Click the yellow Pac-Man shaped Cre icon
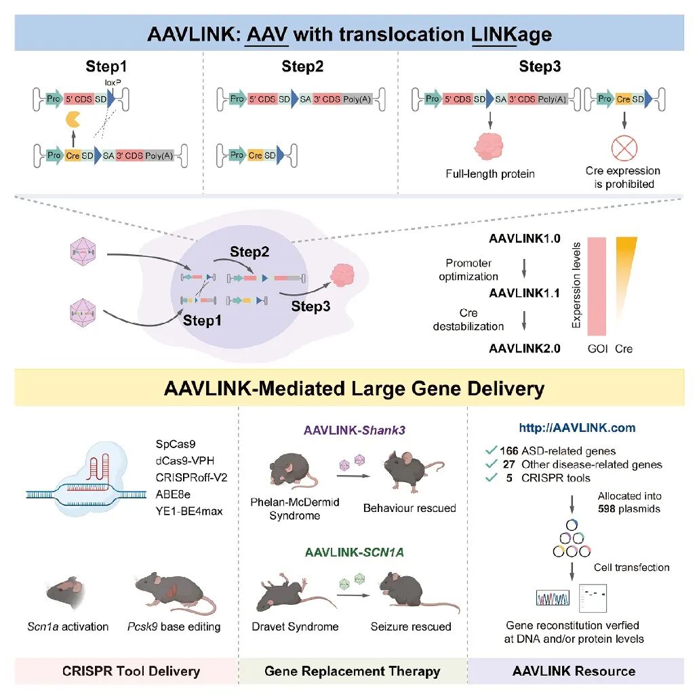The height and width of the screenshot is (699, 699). point(73,120)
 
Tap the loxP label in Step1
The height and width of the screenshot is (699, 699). point(113,83)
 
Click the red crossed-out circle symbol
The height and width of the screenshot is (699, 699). point(624,148)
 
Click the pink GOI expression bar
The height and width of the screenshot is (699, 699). point(597,286)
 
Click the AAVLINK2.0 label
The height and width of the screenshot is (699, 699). point(525,348)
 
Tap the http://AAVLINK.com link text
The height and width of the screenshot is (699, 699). point(577,428)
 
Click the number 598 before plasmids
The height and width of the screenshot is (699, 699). point(607,508)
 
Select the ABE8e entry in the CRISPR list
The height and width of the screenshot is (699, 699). point(173,494)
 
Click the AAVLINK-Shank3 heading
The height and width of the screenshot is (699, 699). point(355,431)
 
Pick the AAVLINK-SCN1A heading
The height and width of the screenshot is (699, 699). point(355,553)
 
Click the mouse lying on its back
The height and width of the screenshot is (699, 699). point(294,593)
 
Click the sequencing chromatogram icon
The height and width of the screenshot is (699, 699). point(553,598)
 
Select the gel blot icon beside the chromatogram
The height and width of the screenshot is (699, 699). point(593,598)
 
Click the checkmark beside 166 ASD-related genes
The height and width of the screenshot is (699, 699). point(491,450)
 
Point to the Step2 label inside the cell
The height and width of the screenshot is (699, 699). point(249,252)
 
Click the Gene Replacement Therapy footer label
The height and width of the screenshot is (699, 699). point(352,671)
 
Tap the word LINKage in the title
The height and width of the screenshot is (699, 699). point(512,35)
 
